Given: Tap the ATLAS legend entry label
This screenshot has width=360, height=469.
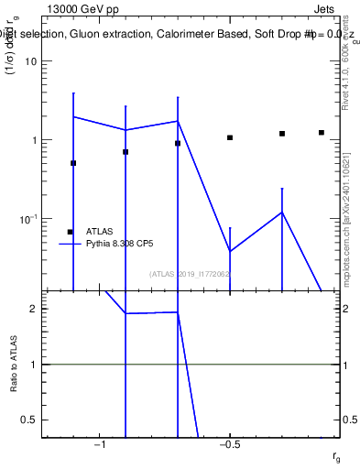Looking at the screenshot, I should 100,232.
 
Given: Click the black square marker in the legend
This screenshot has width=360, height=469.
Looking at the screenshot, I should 70,232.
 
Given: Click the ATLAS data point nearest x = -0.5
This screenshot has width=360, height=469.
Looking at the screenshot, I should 230,137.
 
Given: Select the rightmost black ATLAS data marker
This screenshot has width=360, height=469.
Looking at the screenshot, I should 322,132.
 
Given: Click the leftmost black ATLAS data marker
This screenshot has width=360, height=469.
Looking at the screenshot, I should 73,163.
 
